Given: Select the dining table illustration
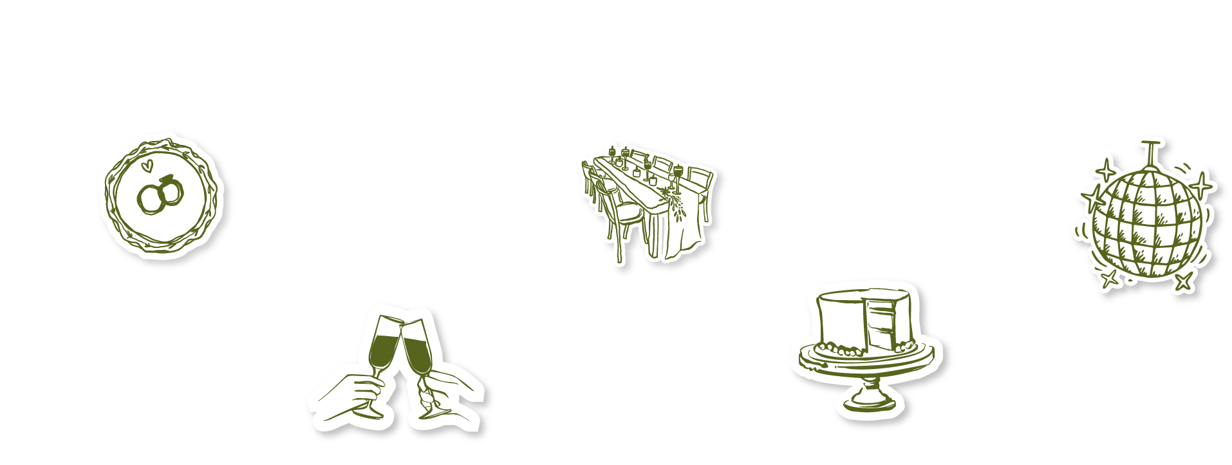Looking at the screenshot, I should [x=650, y=200].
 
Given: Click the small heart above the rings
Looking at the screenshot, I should [x=147, y=166].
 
